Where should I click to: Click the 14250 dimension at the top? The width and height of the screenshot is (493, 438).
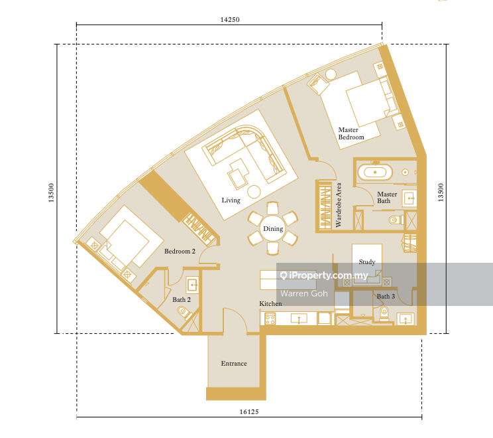230,19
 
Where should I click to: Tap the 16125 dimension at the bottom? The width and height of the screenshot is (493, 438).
249,411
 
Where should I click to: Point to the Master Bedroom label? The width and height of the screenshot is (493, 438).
351,133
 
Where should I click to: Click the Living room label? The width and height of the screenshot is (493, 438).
231,200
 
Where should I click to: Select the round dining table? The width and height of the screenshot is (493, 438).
273,228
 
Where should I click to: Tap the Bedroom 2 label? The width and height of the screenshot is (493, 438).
180,252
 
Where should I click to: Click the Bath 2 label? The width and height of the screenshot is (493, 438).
182,300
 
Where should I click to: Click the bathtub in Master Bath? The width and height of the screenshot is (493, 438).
375,173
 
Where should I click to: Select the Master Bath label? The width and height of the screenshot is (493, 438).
387,197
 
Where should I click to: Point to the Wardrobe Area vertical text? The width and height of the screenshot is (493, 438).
339,205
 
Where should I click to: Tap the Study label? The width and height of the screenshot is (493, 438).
367,262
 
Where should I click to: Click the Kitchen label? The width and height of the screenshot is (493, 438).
270,303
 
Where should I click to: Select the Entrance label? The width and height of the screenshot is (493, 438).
234,364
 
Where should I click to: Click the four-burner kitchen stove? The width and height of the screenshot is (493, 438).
270,319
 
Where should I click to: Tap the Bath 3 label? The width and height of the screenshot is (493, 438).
386,296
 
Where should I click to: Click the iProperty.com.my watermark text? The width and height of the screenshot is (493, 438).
324,275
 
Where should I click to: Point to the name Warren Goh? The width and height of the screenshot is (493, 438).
304,293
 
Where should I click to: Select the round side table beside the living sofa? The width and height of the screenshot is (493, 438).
254,191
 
